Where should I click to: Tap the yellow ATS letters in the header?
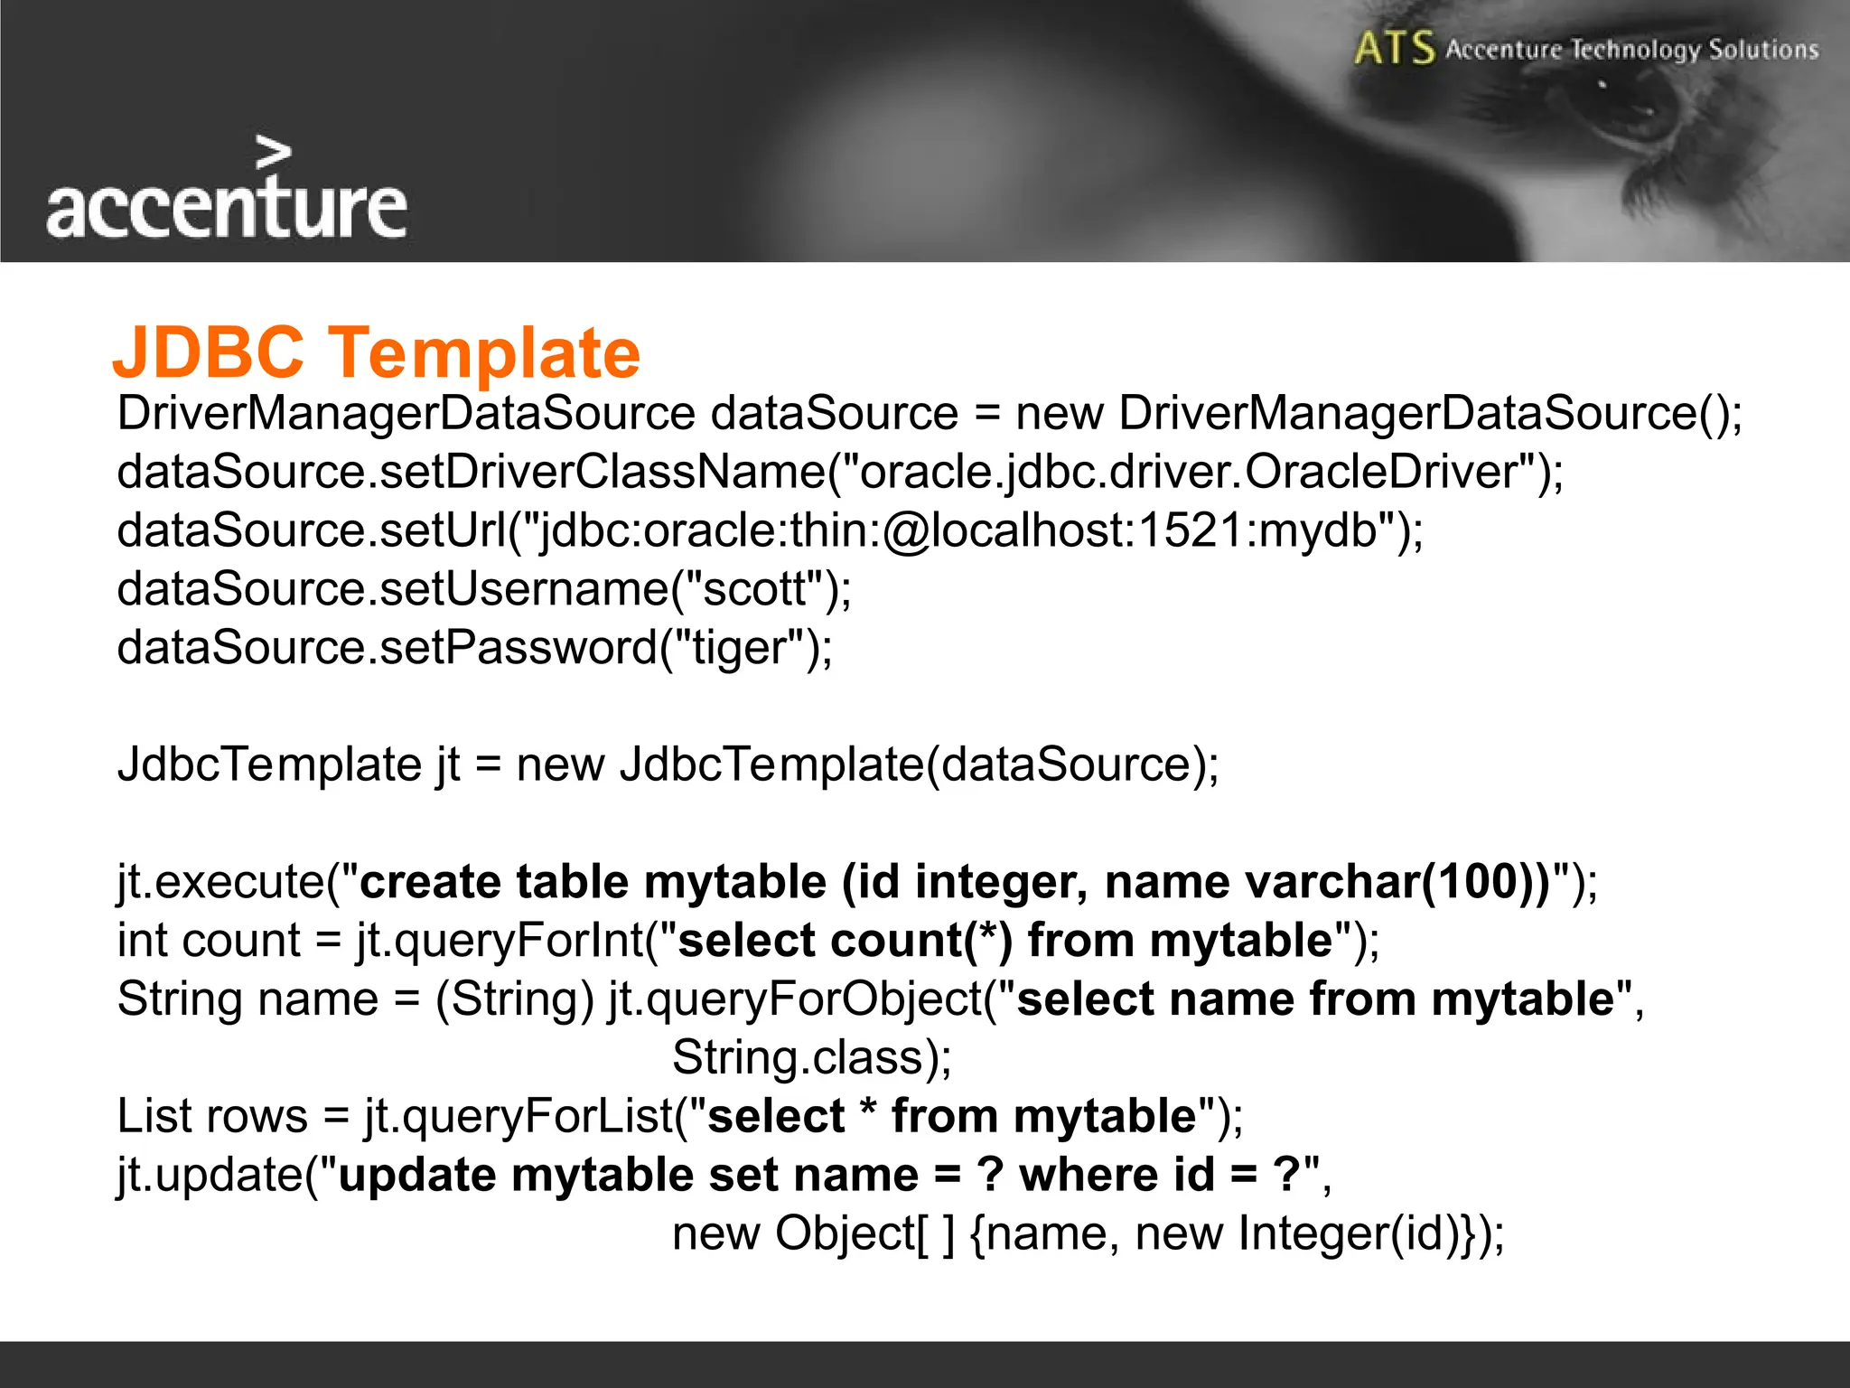[1394, 49]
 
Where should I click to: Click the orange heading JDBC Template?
[376, 352]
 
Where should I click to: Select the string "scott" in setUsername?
[753, 589]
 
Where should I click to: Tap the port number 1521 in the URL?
[1191, 530]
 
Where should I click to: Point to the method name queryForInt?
[501, 941]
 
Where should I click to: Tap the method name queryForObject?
[796, 999]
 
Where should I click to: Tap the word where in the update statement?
[1088, 1175]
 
